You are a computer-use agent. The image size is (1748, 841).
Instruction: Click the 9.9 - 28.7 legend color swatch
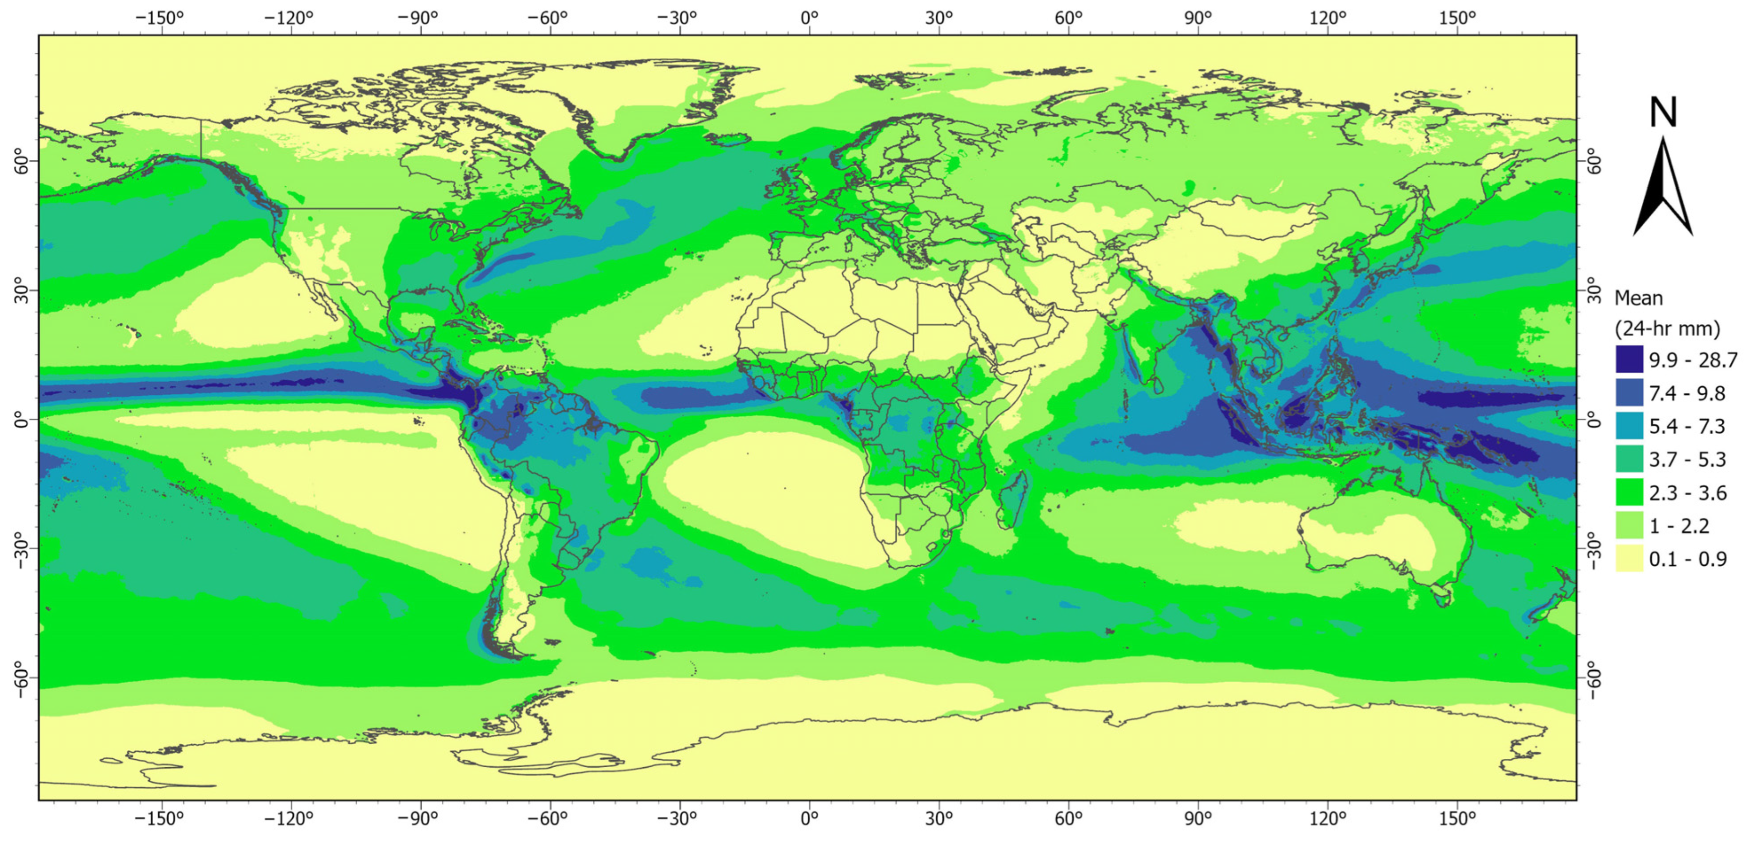1629,359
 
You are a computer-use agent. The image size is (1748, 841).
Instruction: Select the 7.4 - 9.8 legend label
1687,393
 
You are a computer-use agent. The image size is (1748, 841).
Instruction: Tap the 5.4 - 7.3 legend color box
1629,426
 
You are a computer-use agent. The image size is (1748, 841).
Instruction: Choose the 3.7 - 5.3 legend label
1687,459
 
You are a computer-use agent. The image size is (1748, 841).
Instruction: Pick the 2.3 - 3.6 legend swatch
1629,492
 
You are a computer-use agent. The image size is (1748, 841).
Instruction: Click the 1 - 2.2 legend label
1679,526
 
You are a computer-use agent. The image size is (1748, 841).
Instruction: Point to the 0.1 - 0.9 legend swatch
1629,559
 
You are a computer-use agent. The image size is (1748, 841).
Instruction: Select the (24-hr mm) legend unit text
1667,329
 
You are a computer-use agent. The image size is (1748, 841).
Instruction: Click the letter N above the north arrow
1662,113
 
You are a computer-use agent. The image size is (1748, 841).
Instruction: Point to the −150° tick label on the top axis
159,18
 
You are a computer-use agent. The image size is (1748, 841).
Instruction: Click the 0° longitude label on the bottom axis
809,819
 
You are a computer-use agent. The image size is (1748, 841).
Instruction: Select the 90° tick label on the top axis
1198,18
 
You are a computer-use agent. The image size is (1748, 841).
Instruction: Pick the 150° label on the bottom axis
1457,819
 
